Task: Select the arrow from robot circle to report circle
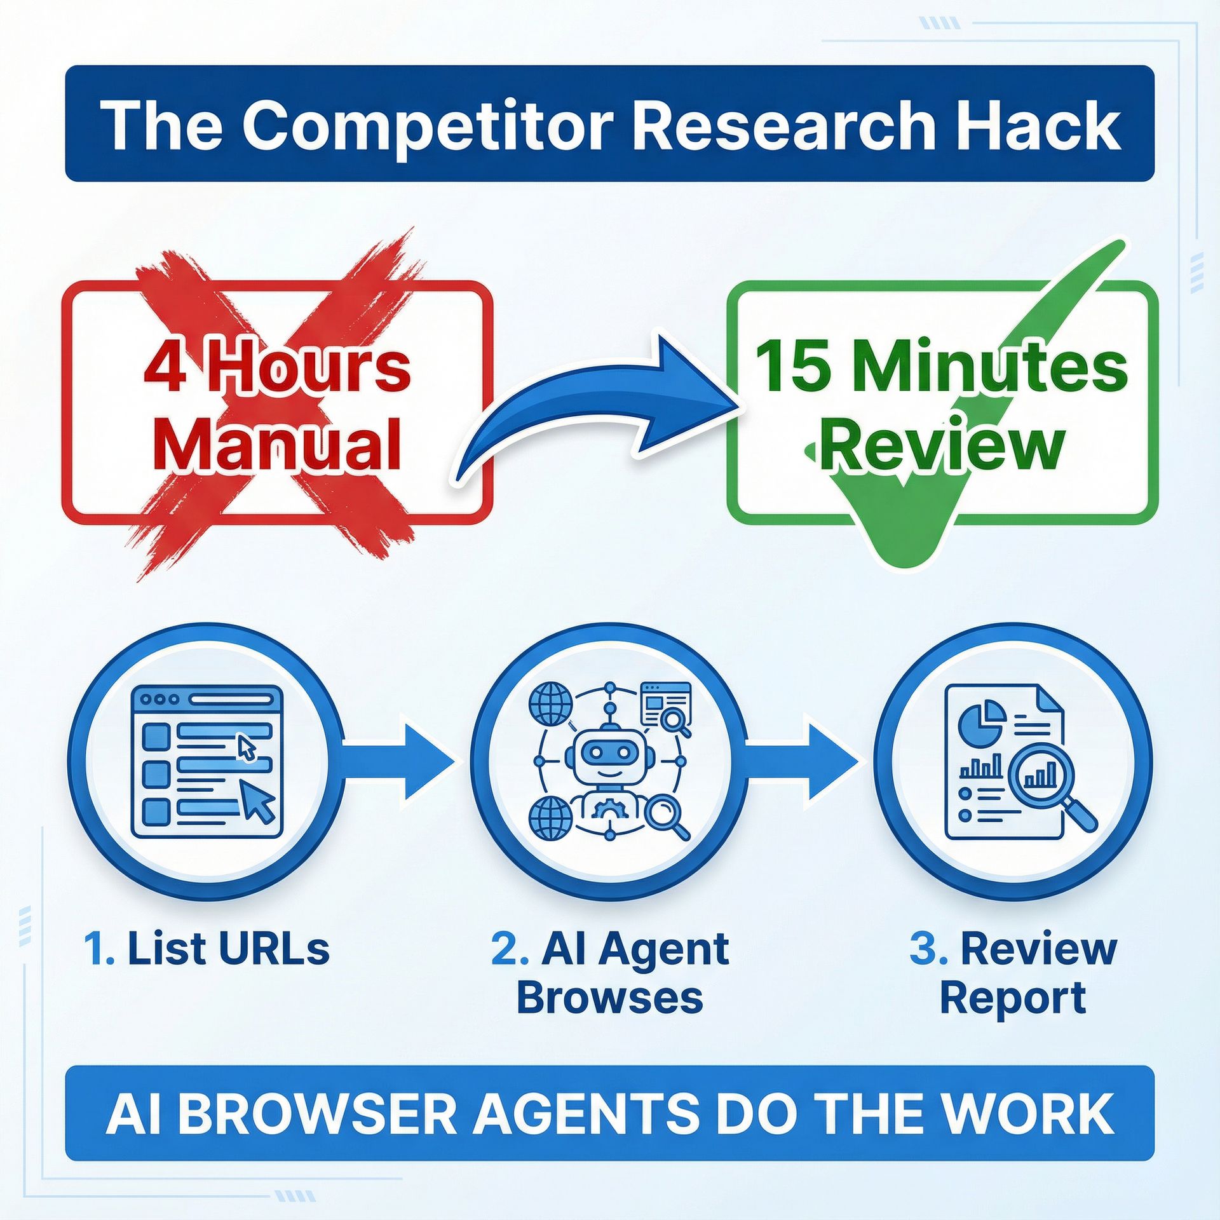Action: point(801,761)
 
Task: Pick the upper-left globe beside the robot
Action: point(551,703)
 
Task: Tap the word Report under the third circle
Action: point(1012,1000)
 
